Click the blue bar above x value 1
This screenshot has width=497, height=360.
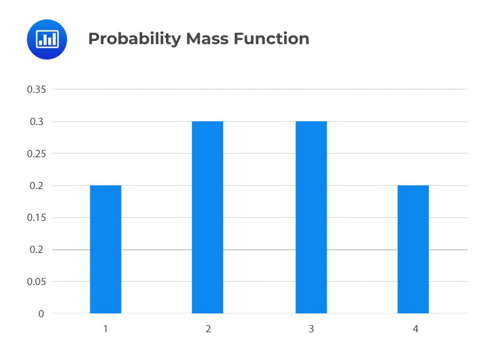coord(105,249)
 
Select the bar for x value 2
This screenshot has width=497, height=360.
coord(207,217)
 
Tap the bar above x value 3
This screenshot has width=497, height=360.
coord(311,217)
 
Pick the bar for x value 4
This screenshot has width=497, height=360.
coord(413,249)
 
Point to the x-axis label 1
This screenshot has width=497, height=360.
coord(105,329)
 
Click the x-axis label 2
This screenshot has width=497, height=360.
coord(208,329)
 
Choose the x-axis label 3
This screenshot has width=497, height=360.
coord(311,329)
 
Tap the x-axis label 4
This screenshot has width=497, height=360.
coord(415,329)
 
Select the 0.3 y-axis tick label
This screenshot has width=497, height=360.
coord(37,122)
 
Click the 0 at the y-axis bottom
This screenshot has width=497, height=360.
coord(41,314)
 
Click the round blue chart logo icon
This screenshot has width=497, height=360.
coord(47,39)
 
